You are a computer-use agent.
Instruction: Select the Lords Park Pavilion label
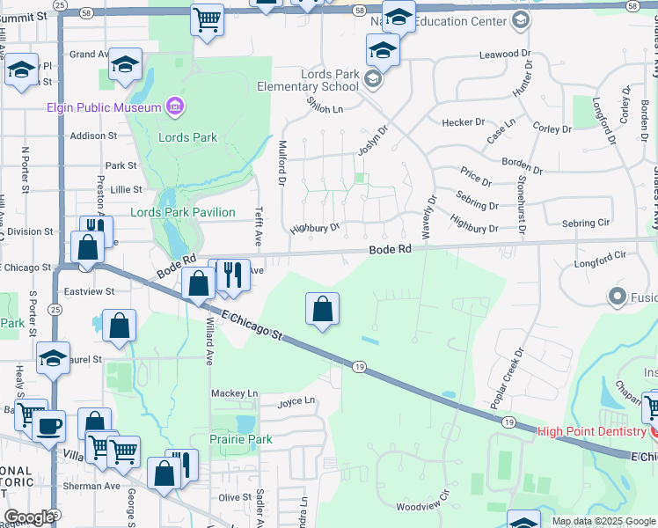coord(182,212)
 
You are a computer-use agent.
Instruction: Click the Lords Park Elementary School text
coord(308,80)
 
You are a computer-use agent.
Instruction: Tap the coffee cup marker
coord(49,426)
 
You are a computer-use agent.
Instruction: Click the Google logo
coord(28,517)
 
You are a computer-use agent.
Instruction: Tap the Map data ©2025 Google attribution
coord(603,521)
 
